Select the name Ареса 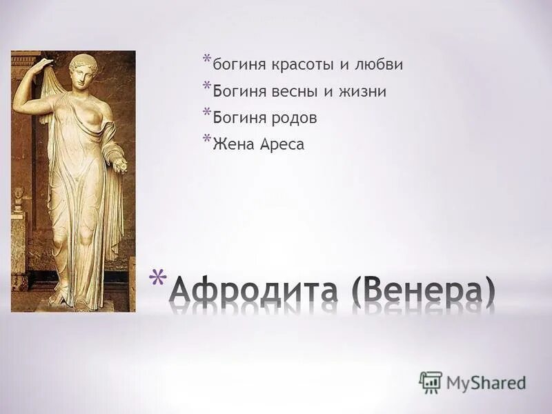click(281, 146)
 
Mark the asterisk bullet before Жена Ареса click(206, 141)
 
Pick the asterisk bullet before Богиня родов click(206, 114)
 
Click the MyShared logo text click(486, 382)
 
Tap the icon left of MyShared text click(431, 382)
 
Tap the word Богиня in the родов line click(235, 119)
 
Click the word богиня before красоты click(235, 65)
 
